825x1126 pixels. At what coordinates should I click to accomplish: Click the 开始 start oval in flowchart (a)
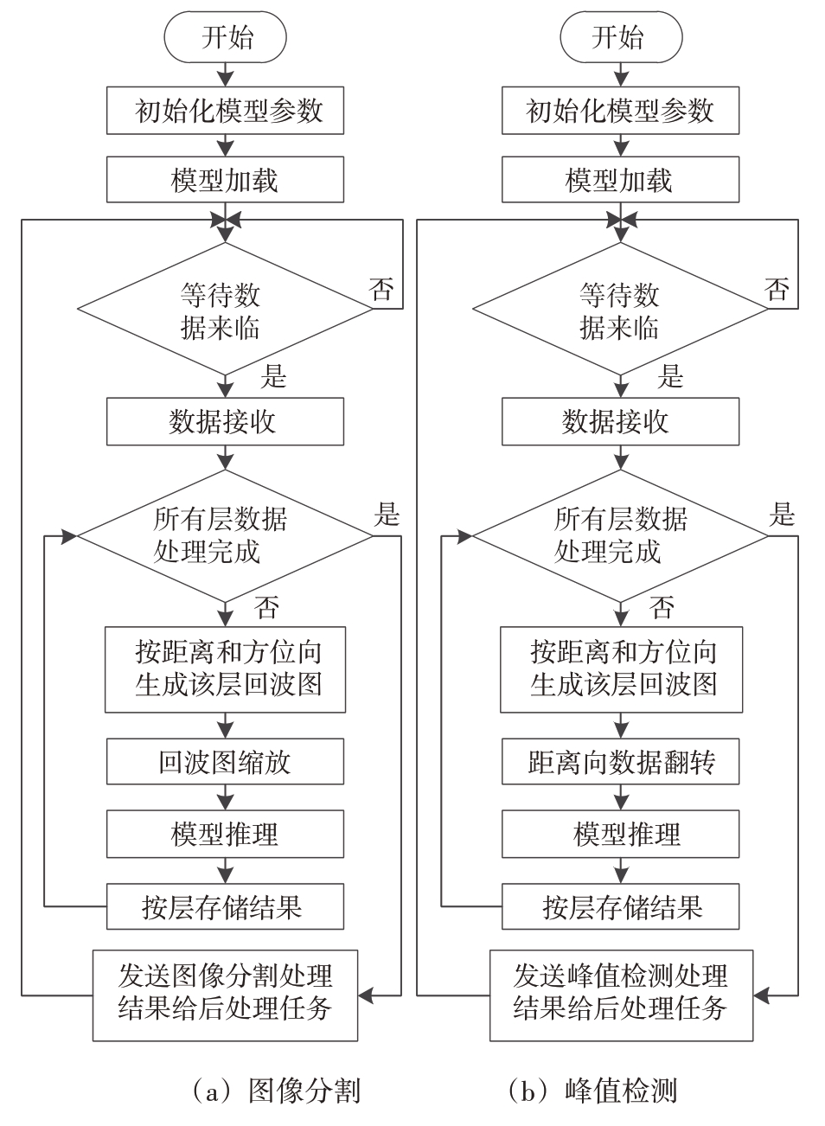(225, 37)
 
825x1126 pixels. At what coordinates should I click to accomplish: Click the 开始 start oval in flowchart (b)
(622, 37)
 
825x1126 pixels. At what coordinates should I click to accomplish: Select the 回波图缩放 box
(225, 762)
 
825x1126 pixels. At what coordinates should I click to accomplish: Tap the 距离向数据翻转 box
(620, 762)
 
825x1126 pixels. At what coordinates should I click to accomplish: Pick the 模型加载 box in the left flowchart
(225, 180)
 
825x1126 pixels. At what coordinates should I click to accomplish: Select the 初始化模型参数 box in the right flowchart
(620, 111)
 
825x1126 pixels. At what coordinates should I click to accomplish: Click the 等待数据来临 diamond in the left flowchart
(225, 309)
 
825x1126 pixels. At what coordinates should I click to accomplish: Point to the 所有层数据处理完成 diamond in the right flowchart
(620, 536)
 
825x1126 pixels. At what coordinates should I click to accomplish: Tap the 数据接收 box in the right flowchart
(620, 421)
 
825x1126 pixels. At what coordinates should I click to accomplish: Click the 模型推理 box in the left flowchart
(225, 834)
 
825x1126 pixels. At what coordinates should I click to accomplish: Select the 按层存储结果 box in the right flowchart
(620, 906)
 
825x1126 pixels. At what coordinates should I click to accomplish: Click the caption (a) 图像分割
(276, 1090)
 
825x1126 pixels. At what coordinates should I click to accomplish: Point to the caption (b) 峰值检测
(592, 1090)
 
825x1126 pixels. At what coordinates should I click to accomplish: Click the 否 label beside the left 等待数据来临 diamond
(381, 290)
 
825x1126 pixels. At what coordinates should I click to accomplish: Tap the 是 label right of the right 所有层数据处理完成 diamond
(782, 515)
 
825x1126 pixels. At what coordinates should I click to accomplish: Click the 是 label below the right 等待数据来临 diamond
(670, 376)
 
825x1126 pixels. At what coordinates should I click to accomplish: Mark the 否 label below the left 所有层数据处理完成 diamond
(266, 607)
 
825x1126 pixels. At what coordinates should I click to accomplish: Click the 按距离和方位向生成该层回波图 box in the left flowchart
(225, 669)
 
